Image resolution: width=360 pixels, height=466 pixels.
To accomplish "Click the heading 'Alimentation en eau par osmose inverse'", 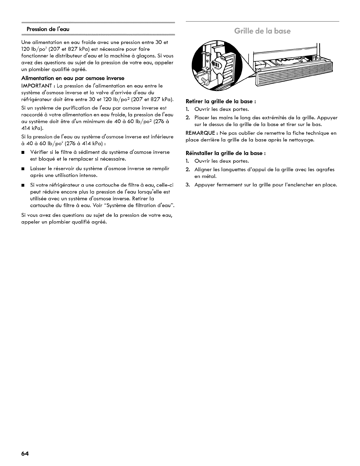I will [73, 78].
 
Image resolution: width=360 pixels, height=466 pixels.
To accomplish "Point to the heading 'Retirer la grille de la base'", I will [221, 101].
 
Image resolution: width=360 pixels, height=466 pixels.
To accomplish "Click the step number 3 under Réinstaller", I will [187, 185].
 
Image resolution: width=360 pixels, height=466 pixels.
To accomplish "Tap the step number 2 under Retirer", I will [187, 118].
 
